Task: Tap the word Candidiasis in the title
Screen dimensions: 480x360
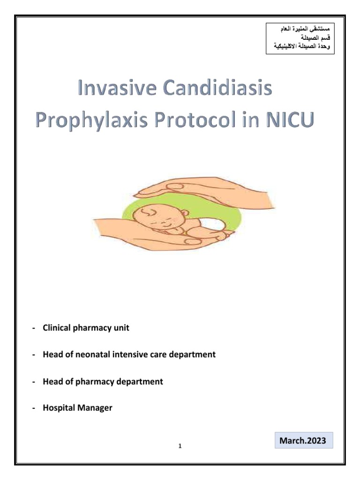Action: (220, 88)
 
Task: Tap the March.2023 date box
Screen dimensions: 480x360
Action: (302, 441)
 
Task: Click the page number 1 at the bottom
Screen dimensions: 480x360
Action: (180, 446)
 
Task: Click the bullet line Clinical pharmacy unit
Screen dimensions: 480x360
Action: (86, 328)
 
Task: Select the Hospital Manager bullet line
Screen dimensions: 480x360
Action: (77, 408)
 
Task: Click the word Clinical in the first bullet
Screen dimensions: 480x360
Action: (56, 328)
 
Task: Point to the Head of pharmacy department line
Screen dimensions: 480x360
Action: (103, 382)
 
